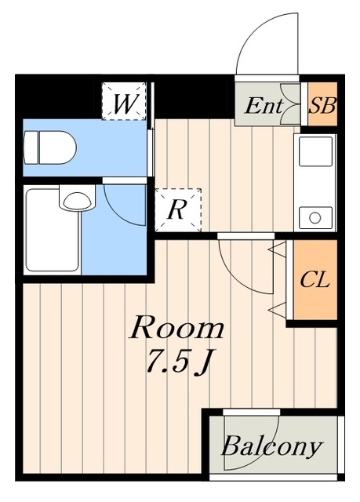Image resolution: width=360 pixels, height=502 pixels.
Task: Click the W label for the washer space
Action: click(124, 104)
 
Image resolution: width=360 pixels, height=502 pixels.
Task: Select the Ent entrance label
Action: click(264, 106)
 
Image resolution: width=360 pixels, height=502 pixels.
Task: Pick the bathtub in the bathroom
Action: click(53, 230)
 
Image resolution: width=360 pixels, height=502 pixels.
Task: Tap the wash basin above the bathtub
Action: click(77, 200)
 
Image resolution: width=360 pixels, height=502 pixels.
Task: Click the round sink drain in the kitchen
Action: click(315, 218)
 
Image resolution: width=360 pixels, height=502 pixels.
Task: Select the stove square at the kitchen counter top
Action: click(315, 151)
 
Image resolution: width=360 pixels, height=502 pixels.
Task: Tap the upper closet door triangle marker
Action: click(278, 249)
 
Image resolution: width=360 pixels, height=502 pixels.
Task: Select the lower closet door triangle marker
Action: click(278, 309)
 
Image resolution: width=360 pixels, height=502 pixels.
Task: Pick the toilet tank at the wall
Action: click(31, 147)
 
